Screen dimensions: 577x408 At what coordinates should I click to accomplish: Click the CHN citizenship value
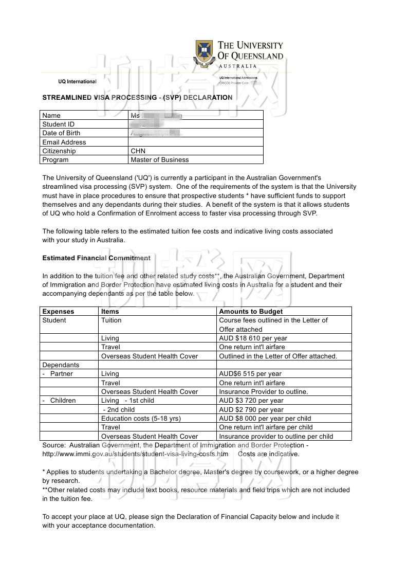(138, 151)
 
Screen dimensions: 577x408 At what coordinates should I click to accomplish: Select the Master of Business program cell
(160, 160)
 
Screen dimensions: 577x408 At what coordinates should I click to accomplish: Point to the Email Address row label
(64, 142)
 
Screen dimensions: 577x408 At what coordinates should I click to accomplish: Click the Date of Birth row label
(61, 133)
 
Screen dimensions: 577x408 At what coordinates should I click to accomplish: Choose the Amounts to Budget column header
(251, 312)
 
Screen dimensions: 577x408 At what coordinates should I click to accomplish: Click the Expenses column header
(58, 312)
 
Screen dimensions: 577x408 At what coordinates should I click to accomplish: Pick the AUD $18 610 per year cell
(253, 338)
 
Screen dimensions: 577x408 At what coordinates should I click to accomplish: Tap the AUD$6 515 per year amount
(250, 374)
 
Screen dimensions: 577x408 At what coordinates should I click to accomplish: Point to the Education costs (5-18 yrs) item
(141, 419)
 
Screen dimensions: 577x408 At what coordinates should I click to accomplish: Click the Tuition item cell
(112, 320)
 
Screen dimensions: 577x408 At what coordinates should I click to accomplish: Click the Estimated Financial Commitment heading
(96, 258)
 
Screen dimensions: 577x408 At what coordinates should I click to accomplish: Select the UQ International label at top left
(77, 82)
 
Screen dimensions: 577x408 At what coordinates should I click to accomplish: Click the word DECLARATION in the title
(208, 97)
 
